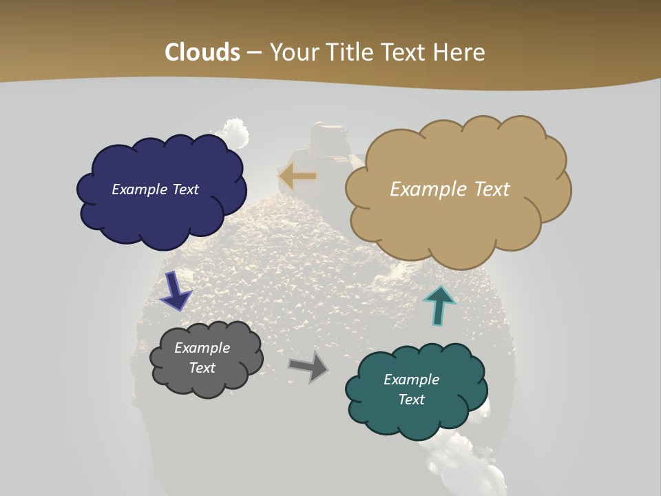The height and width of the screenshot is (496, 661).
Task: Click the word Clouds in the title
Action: tap(202, 52)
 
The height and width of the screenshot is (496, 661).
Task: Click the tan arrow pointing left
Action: tap(297, 176)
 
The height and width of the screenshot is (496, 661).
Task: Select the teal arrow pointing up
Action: tap(439, 304)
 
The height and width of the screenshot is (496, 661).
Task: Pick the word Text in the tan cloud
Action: tap(485, 189)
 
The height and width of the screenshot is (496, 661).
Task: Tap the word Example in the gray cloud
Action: tap(202, 348)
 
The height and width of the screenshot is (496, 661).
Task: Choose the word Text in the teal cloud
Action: tap(411, 400)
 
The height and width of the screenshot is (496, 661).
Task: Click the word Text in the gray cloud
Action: tap(202, 368)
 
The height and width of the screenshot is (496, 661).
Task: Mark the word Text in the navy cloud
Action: tap(184, 189)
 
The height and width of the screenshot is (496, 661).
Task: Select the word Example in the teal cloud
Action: tap(411, 380)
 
